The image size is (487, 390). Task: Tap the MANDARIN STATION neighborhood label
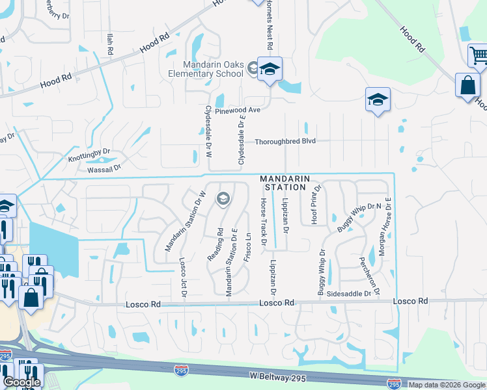coord(283,183)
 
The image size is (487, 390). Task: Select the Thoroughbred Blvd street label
coord(285,141)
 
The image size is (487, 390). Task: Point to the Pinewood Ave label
coord(238,110)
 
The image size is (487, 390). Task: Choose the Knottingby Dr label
coord(89,155)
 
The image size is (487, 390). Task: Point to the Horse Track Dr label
coord(264,222)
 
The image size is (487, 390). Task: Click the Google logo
coord(21,382)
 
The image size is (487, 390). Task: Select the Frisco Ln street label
coord(247,247)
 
